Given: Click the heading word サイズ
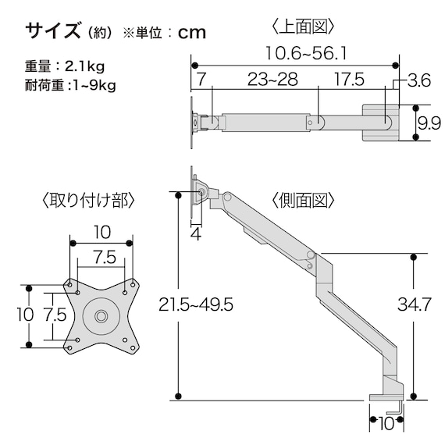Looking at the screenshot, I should coord(53,31).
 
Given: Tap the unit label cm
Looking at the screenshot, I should coord(192,33).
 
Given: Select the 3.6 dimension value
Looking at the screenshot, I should coord(419,80).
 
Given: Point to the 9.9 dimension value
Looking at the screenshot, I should coord(425,122).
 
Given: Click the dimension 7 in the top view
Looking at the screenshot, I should coord(201,80).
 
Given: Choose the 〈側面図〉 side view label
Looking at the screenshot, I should coord(304,200).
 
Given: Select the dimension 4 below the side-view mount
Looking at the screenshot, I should coord(196,233).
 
